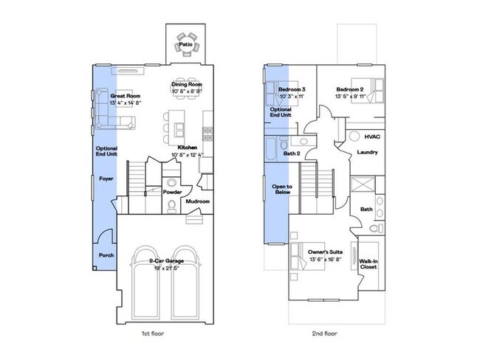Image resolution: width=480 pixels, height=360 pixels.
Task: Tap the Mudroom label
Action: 197,201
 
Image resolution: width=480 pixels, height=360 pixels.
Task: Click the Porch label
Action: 106,255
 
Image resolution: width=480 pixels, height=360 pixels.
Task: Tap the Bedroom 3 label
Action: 292,89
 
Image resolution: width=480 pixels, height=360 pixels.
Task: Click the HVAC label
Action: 373,136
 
